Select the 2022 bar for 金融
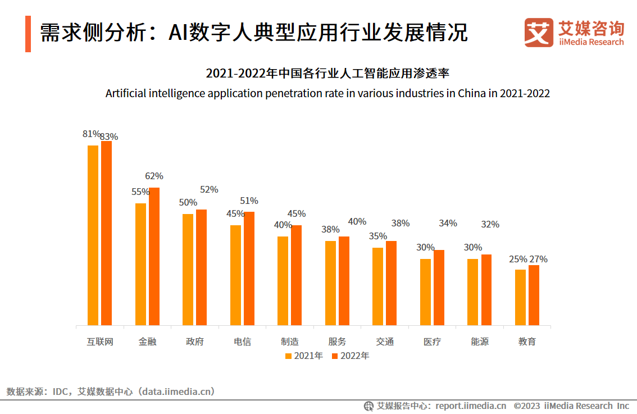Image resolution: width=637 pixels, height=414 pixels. click(154, 256)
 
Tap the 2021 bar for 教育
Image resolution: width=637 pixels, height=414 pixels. click(521, 297)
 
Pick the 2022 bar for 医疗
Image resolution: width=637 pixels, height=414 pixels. click(439, 287)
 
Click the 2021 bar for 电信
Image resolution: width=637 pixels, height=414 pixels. click(235, 275)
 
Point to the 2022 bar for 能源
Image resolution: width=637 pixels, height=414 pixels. click(486, 289)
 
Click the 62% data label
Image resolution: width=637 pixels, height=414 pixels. click(154, 176)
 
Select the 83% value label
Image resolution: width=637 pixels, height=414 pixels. click(109, 137)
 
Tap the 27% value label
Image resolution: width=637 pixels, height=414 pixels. click(538, 259)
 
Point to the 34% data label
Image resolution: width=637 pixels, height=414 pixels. click(448, 224)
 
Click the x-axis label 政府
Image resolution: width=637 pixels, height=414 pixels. click(195, 342)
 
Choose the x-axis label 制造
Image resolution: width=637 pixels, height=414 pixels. click(290, 342)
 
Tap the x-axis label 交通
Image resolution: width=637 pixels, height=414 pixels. click(385, 342)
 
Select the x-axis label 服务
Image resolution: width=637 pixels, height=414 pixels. click(337, 342)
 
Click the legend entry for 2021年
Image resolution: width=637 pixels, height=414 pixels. click(303, 356)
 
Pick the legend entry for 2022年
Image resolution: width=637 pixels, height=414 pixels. click(350, 356)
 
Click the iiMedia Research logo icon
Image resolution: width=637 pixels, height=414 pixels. click(539, 33)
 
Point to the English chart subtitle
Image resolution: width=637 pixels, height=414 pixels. click(327, 93)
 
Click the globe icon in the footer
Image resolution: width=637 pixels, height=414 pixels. click(368, 406)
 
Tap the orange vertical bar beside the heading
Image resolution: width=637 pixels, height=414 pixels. click(28, 34)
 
